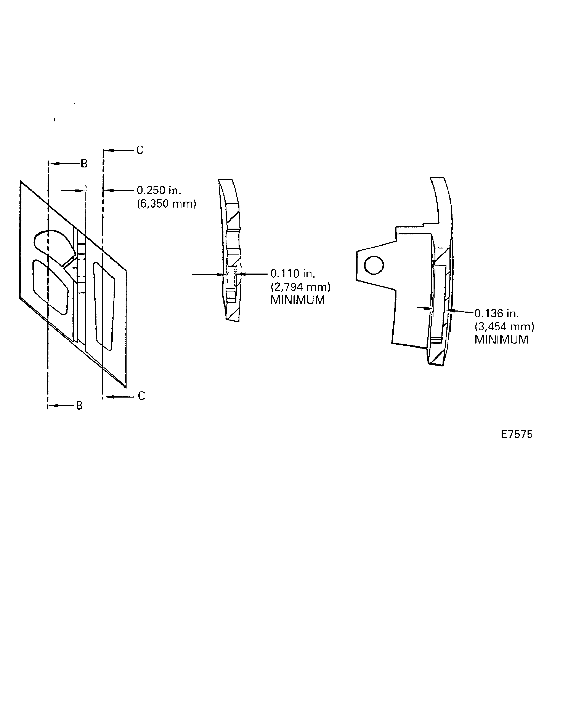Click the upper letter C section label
pyautogui.click(x=140, y=150)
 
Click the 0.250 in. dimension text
pyautogui.click(x=159, y=190)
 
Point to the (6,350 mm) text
pyautogui.click(x=167, y=204)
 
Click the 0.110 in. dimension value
pyautogui.click(x=293, y=274)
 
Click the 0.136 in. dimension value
pyautogui.click(x=496, y=313)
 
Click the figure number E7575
pyautogui.click(x=517, y=434)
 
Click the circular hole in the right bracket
pyautogui.click(x=374, y=265)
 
